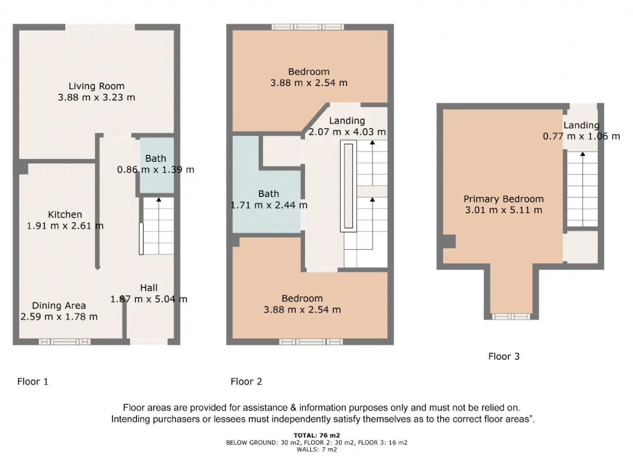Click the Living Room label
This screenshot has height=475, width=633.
pyautogui.click(x=96, y=86)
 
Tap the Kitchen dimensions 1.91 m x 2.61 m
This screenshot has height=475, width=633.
pyautogui.click(x=65, y=226)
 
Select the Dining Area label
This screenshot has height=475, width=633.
pyautogui.click(x=59, y=305)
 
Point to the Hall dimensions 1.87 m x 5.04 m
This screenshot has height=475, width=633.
pyautogui.click(x=149, y=299)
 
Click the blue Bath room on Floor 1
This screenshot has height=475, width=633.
pyautogui.click(x=157, y=165)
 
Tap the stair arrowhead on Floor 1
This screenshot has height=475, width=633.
pyautogui.click(x=159, y=199)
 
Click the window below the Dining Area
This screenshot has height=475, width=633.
pyautogui.click(x=65, y=342)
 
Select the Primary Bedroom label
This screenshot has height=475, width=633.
pyautogui.click(x=503, y=199)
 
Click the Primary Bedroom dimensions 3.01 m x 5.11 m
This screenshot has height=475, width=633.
pyautogui.click(x=503, y=210)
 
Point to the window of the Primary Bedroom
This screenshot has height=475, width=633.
pyautogui.click(x=511, y=317)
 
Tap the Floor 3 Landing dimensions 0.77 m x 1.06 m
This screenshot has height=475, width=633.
pyautogui.click(x=582, y=136)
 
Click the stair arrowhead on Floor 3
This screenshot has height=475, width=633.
pyautogui.click(x=583, y=154)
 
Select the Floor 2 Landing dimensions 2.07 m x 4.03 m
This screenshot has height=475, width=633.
pyautogui.click(x=347, y=132)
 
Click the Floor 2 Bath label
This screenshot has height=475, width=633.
pyautogui.click(x=269, y=193)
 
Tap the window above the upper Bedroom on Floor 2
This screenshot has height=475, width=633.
pyautogui.click(x=308, y=27)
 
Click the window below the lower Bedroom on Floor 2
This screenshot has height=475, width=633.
pyautogui.click(x=311, y=342)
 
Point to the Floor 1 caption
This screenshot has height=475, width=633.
pyautogui.click(x=33, y=381)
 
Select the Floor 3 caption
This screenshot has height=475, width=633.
pyautogui.click(x=504, y=356)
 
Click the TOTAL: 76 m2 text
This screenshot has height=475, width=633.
pyautogui.click(x=316, y=435)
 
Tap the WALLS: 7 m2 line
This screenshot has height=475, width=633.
pyautogui.click(x=316, y=449)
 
